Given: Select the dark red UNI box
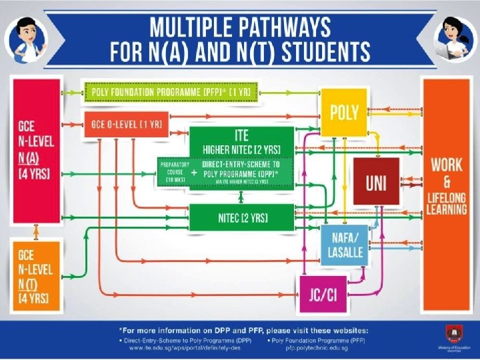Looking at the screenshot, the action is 376,181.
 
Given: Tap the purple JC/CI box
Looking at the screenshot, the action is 322,295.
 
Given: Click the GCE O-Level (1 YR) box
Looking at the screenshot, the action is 126,125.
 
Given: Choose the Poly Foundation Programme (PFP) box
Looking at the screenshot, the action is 171,90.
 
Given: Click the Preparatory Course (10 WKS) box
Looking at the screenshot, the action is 173,172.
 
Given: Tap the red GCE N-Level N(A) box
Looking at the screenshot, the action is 36,150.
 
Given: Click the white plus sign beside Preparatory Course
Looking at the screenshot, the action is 193,172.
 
